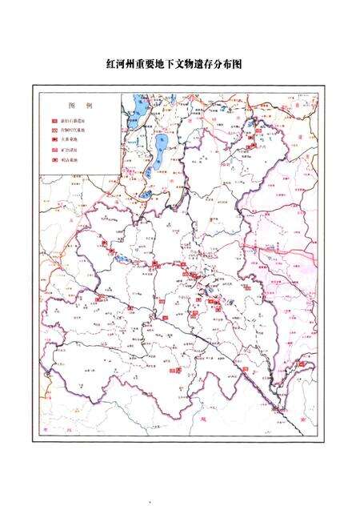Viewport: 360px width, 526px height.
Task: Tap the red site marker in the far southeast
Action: coord(302,365)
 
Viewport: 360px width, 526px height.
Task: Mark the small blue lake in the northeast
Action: coord(250,128)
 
